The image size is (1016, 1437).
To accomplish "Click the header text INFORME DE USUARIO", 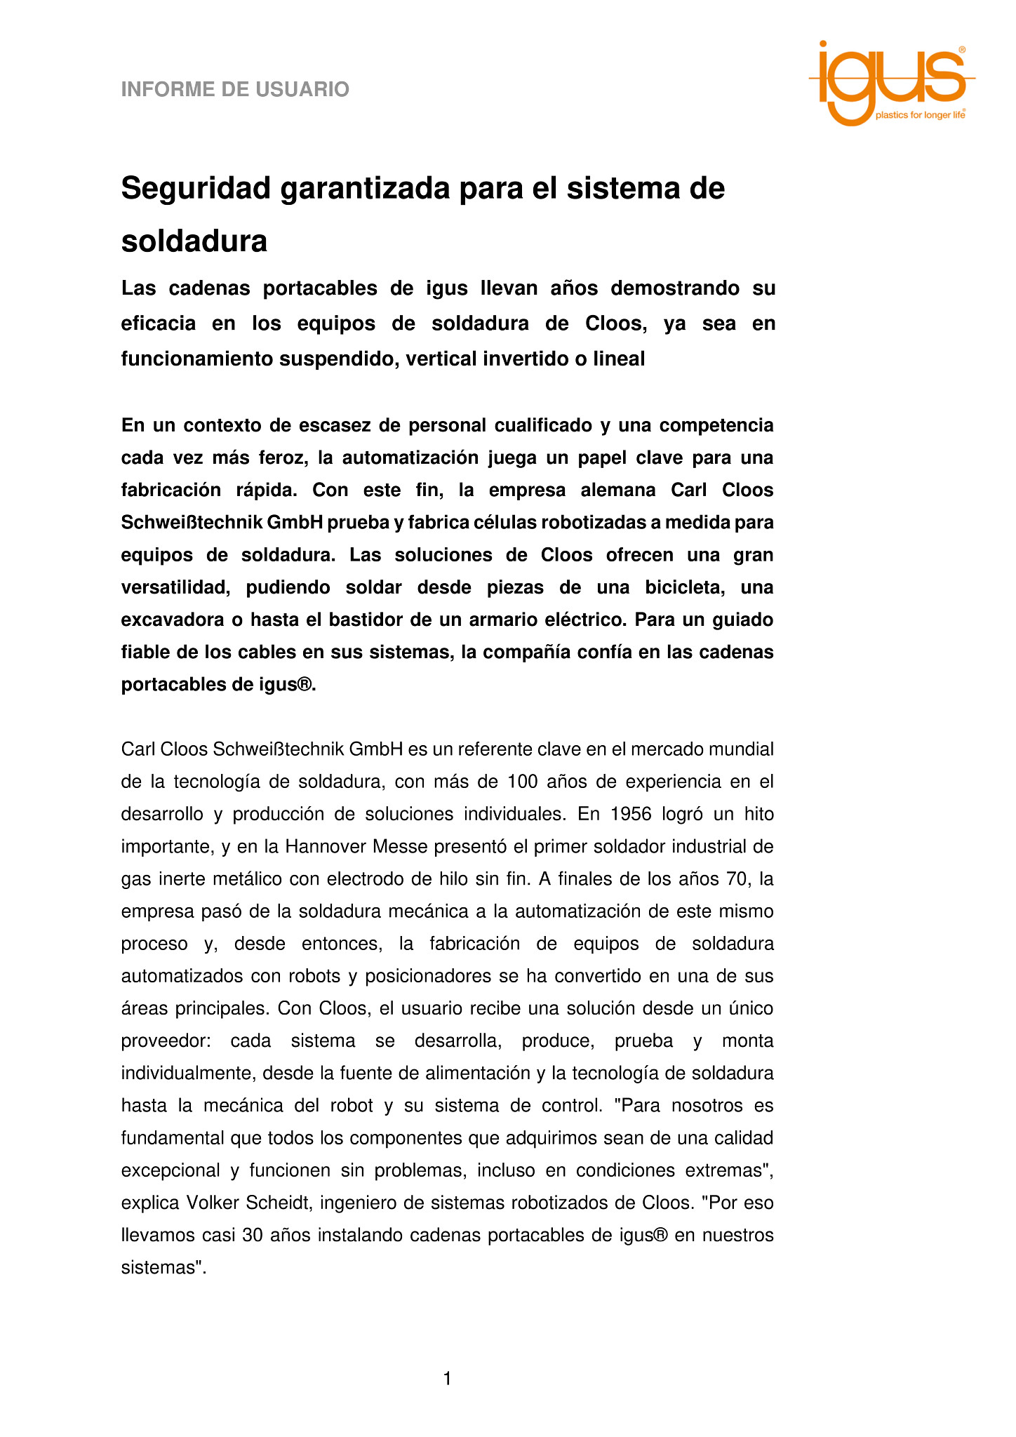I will point(235,90).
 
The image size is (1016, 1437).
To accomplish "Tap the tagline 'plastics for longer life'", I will point(919,115).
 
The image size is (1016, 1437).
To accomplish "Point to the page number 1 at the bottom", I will point(447,1379).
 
